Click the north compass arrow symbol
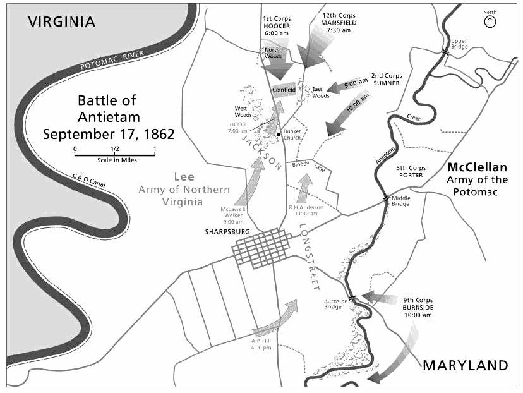[x=490, y=21]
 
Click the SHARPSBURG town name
[x=227, y=232]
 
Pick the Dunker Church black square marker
[x=278, y=133]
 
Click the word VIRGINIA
[x=61, y=22]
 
